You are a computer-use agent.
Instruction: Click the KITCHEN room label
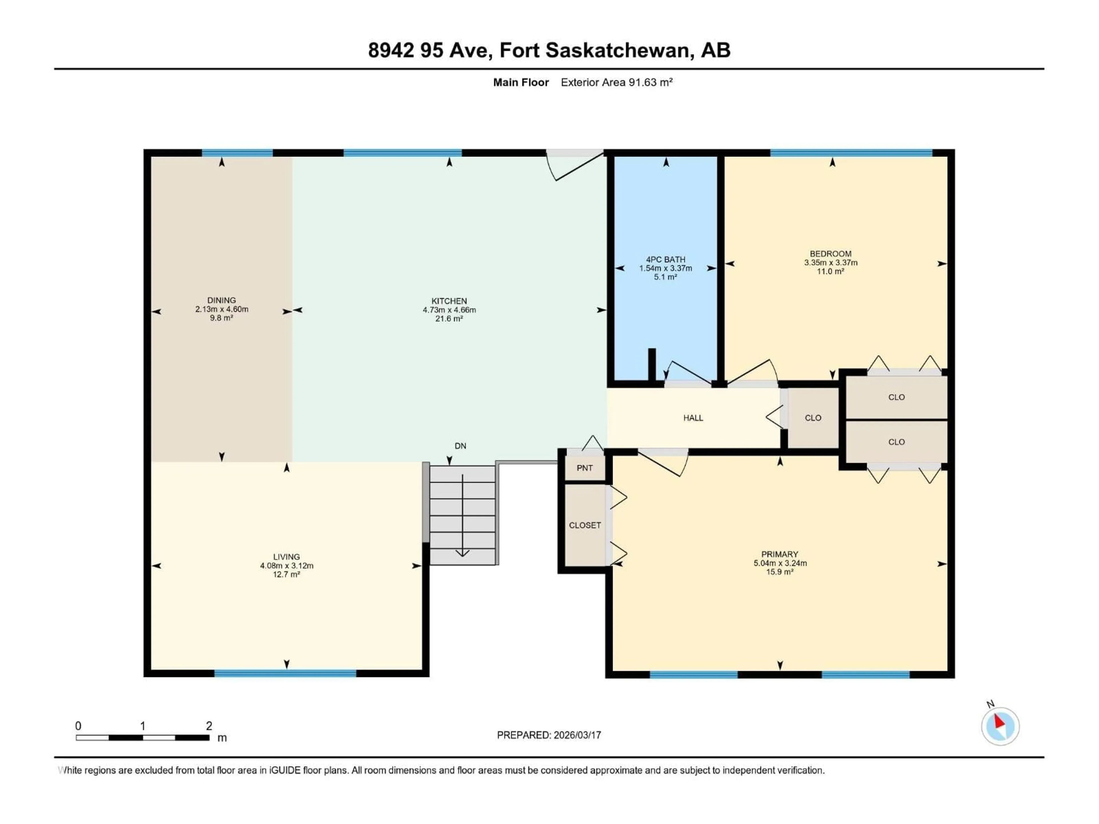click(449, 301)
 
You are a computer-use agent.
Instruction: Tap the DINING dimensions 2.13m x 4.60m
click(222, 309)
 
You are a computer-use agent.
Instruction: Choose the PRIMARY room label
click(780, 554)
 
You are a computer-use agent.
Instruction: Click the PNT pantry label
click(584, 468)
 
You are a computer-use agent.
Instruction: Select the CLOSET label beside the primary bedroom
click(585, 525)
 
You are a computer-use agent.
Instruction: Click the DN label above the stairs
click(460, 446)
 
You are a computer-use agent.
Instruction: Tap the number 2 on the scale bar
click(209, 726)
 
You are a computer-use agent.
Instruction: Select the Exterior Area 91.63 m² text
click(616, 82)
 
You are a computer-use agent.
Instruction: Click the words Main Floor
click(521, 82)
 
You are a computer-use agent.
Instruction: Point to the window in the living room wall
click(285, 674)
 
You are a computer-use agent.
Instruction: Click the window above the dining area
click(237, 152)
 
